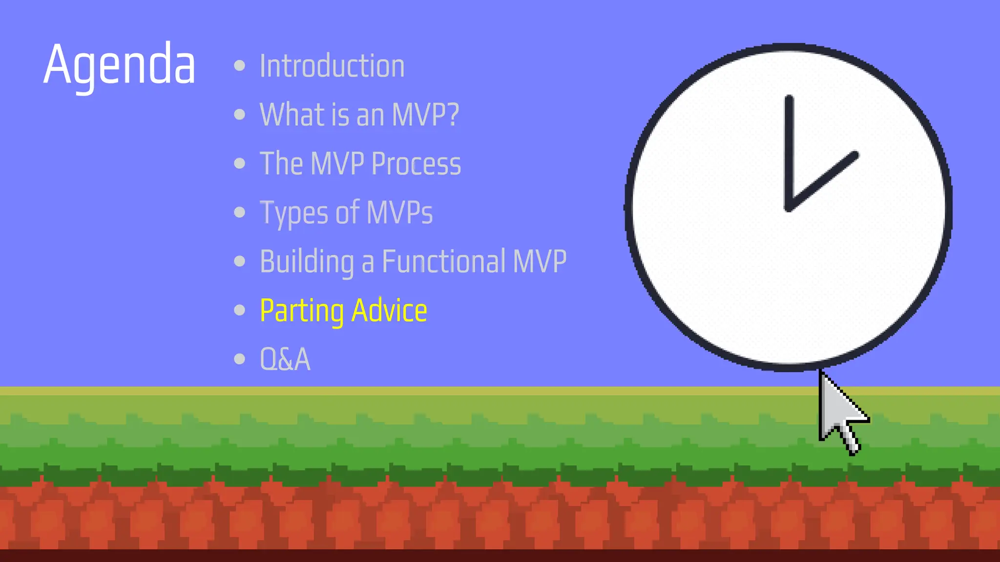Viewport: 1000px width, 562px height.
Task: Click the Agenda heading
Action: coord(120,65)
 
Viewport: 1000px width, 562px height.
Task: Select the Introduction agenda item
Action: coord(332,66)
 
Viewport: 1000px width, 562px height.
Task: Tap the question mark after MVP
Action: coord(452,115)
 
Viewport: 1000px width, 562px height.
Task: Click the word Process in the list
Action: coord(416,163)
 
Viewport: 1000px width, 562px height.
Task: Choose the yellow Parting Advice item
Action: coord(343,311)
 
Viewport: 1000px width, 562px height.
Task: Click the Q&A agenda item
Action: coord(285,360)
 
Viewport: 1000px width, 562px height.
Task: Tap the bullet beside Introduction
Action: coord(239,66)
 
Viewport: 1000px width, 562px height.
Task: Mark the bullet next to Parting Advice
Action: coord(239,310)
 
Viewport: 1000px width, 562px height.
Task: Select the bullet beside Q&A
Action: coord(239,359)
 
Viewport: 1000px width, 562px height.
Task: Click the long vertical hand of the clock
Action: coord(789,151)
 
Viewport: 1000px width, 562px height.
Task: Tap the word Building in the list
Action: coord(307,262)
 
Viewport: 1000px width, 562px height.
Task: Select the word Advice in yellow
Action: coord(389,311)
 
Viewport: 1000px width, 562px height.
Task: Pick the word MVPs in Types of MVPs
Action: coord(399,213)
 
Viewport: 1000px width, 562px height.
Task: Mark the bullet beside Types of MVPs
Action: coord(239,212)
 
